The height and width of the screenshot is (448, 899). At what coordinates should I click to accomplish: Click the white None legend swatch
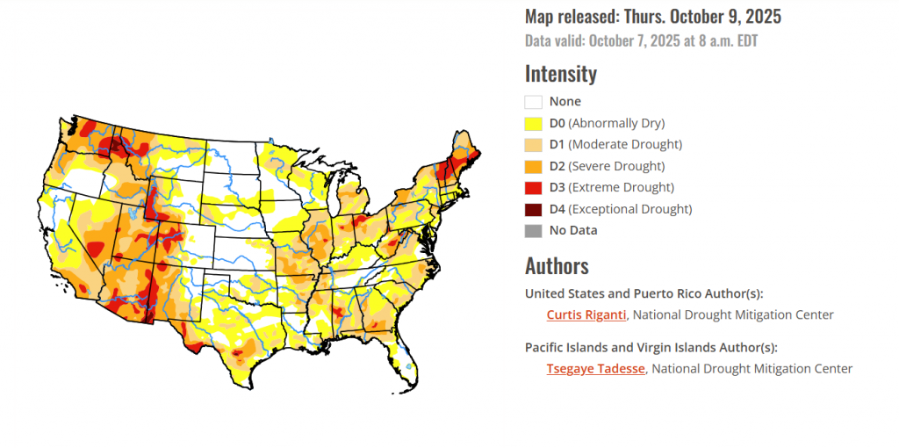click(533, 102)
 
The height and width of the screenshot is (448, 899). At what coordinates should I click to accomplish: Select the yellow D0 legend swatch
click(533, 123)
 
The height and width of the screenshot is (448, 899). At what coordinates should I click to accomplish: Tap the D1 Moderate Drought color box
click(533, 145)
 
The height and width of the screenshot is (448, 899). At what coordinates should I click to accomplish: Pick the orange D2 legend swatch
click(533, 166)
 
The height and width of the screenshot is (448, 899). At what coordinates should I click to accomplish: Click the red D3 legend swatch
click(533, 188)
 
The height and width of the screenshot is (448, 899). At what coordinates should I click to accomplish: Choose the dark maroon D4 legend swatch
click(533, 209)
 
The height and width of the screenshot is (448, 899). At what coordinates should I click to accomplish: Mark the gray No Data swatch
click(533, 231)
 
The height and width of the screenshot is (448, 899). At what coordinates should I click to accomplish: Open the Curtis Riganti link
click(586, 314)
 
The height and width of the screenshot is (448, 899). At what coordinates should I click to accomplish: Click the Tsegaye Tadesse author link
click(595, 369)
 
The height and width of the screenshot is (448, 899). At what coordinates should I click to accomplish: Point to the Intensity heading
click(560, 74)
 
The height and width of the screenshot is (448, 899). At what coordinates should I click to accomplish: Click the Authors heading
click(557, 265)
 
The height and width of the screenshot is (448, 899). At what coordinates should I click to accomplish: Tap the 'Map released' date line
click(652, 17)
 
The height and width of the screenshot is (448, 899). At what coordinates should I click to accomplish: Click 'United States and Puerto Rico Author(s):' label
click(644, 293)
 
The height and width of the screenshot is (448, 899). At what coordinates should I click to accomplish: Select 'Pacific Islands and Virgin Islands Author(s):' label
click(651, 347)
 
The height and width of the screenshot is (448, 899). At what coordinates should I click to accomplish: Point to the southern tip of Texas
click(252, 384)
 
